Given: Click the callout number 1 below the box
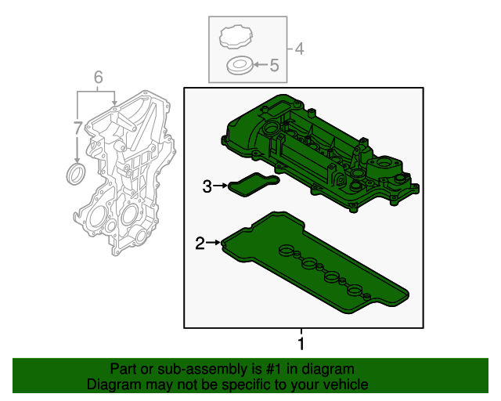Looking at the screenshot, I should [x=301, y=344].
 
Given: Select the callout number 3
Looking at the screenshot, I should [x=207, y=186].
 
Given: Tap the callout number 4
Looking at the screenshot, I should [x=300, y=49].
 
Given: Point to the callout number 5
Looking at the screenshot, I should [x=274, y=67].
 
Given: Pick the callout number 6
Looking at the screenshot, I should [x=98, y=77].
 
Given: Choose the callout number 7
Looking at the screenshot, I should [x=77, y=127].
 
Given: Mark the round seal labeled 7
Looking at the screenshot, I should [x=76, y=173].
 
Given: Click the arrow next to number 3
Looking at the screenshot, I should [x=222, y=186].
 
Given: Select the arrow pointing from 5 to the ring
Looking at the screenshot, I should [x=259, y=67].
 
